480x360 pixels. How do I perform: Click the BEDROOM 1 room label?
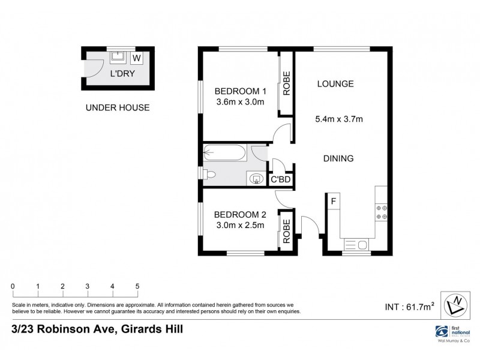[x=240, y=91]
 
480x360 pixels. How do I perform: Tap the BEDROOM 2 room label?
[x=240, y=214]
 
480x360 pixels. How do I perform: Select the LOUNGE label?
[x=335, y=83]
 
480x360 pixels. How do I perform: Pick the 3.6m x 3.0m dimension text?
[x=240, y=103]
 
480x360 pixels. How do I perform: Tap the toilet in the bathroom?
[x=208, y=175]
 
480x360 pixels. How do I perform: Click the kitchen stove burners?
[x=381, y=212]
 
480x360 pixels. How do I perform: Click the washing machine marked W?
[x=136, y=58]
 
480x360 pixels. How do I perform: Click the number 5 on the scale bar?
[x=137, y=286]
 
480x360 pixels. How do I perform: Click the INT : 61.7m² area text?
[x=407, y=308]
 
